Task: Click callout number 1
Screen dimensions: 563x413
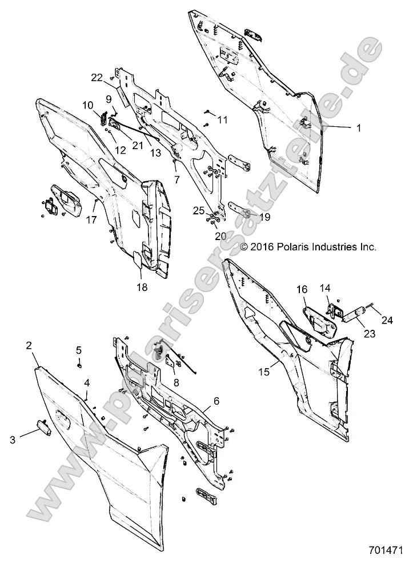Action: tap(359, 129)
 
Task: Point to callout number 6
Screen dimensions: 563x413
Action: tap(216, 401)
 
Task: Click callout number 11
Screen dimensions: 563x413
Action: tap(223, 120)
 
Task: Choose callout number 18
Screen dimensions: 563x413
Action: tap(142, 288)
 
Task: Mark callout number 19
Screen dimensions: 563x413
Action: tap(264, 217)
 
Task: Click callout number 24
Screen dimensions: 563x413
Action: tap(388, 320)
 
